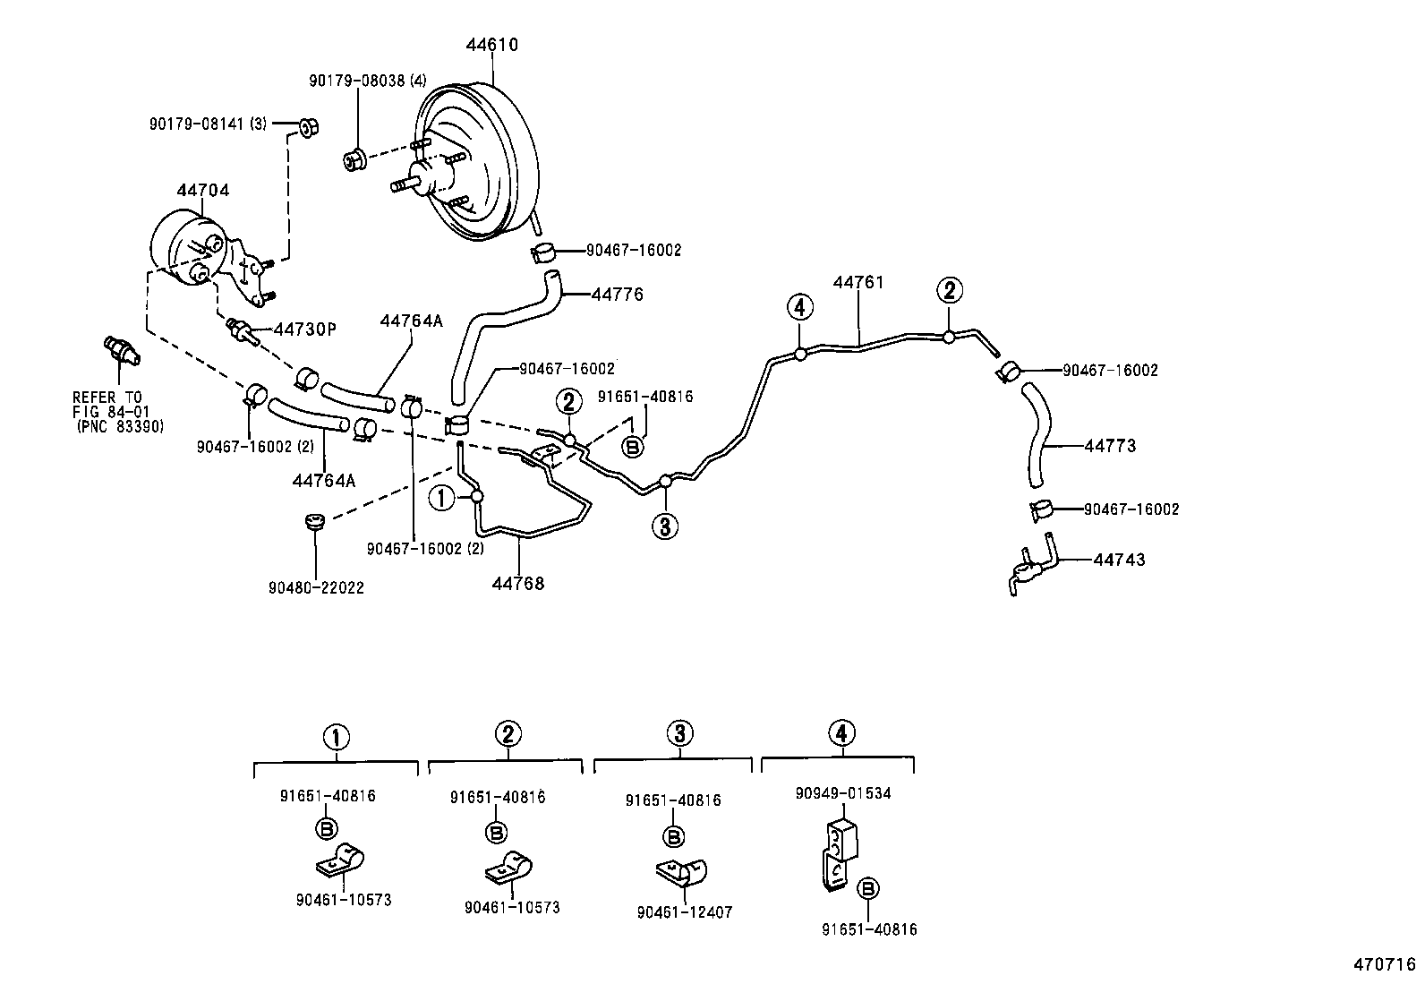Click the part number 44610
[x=491, y=45]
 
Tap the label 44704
[x=202, y=190]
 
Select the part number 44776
[x=617, y=295]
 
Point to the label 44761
[x=858, y=283]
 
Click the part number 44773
[x=1110, y=445]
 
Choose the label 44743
[x=1119, y=560]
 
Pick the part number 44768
[x=517, y=584]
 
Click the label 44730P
[x=304, y=329]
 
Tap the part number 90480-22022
[x=315, y=588]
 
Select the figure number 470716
[x=1384, y=964]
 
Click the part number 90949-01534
[x=843, y=793]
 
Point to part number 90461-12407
[x=685, y=912]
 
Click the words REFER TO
[x=107, y=397]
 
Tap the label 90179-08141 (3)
[x=208, y=123]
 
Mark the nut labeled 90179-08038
[x=354, y=160]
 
